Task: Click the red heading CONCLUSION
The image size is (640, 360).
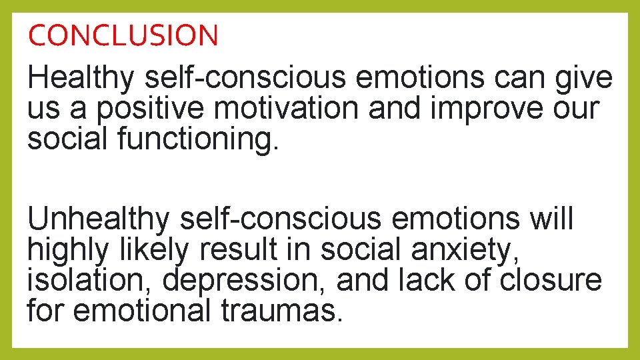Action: [x=123, y=35]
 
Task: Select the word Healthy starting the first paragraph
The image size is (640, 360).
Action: [x=81, y=79]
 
